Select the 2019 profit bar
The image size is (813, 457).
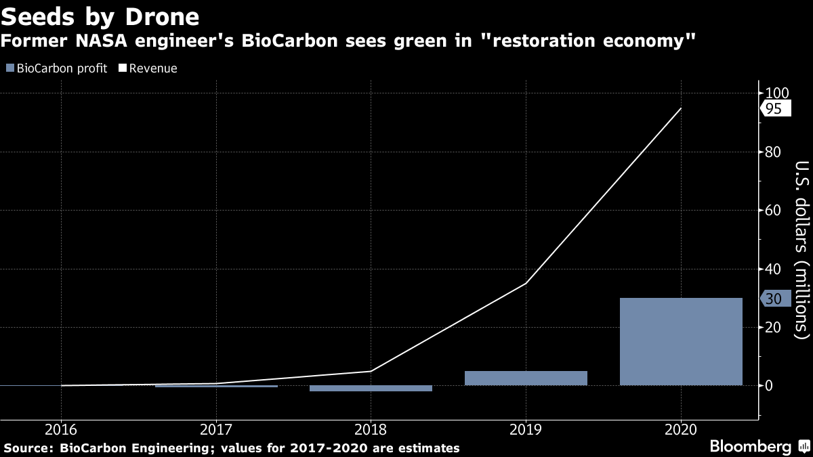coord(526,378)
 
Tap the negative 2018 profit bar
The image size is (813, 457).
coord(371,389)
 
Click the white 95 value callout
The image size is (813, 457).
coord(774,109)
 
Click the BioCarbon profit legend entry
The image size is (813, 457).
coord(57,68)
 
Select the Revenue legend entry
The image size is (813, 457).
coord(148,68)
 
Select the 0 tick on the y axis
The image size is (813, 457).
coord(770,386)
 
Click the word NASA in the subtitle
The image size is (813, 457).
coord(88,42)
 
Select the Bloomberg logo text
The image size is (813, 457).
coord(750,447)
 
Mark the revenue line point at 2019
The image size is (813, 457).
coord(526,283)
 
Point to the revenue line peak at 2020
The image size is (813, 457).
coord(680,108)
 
